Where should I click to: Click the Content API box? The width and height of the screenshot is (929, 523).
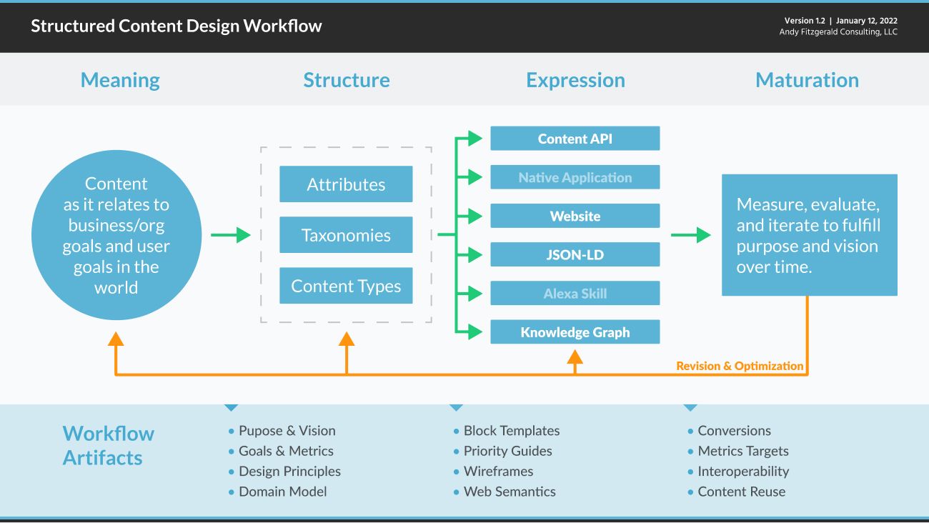[x=575, y=139]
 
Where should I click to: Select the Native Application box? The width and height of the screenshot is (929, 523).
[x=575, y=177]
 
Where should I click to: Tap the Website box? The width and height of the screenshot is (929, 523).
[x=575, y=216]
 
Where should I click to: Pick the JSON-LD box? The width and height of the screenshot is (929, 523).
[x=575, y=254]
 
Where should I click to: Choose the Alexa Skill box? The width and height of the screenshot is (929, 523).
[x=575, y=293]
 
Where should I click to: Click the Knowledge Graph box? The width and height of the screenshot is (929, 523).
[x=575, y=332]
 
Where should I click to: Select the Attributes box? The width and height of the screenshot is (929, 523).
[x=346, y=184]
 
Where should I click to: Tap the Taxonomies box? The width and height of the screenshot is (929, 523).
[x=346, y=235]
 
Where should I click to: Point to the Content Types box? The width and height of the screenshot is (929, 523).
[x=346, y=286]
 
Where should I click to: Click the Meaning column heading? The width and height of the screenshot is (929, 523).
[x=120, y=80]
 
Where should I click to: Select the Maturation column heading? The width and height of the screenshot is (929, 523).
[x=807, y=80]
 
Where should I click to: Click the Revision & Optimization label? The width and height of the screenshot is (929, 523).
[x=740, y=366]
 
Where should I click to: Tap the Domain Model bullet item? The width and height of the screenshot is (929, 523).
[x=282, y=492]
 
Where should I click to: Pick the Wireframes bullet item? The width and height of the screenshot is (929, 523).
[x=498, y=472]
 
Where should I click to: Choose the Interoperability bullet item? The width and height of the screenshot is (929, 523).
[x=743, y=472]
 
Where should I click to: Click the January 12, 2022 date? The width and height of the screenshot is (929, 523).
[x=866, y=21]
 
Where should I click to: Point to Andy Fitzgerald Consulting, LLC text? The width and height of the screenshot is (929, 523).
[x=838, y=32]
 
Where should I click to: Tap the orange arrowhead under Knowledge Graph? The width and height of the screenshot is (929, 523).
[x=575, y=355]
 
